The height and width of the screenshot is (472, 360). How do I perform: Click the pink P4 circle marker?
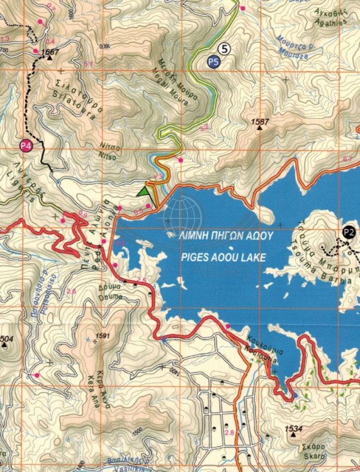[x=25, y=146]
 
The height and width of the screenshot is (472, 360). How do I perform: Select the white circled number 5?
[x=225, y=48]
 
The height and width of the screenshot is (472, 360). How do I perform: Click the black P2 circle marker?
[x=349, y=232]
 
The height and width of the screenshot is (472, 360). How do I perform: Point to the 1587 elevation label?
[x=259, y=121]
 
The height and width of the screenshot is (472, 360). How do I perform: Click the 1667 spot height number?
[x=52, y=52]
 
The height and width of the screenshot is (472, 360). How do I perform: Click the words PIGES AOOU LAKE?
[x=222, y=257]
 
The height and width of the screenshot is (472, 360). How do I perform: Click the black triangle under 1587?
[x=259, y=128]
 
